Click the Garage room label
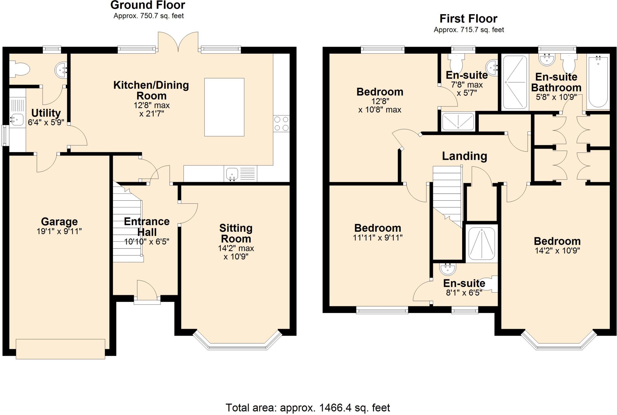tap(59, 222)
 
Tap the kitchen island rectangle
tap(224, 107)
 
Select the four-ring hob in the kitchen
tap(281, 124)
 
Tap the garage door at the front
tap(60, 349)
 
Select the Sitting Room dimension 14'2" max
tap(236, 248)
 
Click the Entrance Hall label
tap(147, 227)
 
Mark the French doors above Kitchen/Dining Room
tap(179, 42)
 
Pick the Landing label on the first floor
tap(464, 156)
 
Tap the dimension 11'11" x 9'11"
tap(377, 238)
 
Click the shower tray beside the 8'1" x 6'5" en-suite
tap(481, 243)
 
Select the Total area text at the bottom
tap(308, 408)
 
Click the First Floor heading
tap(468, 19)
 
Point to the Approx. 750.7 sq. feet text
tap(149, 16)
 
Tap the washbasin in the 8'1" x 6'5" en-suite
tap(447, 268)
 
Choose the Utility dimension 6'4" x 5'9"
tap(46, 122)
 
